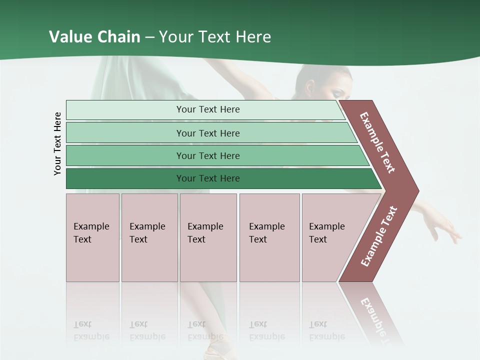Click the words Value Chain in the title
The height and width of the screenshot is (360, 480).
click(94, 37)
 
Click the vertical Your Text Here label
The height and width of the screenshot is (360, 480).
click(57, 143)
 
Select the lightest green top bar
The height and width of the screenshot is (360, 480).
click(125, 110)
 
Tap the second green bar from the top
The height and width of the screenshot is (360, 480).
click(125, 133)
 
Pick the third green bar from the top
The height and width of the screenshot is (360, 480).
click(125, 155)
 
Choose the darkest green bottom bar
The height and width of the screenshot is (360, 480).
click(125, 178)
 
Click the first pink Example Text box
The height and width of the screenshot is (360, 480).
click(92, 237)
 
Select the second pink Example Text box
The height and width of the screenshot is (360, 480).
click(149, 237)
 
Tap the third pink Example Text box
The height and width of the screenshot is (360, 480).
click(208, 237)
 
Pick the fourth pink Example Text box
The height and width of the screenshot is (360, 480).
click(269, 237)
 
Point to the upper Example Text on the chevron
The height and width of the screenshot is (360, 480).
click(377, 142)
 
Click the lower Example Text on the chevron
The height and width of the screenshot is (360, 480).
click(379, 236)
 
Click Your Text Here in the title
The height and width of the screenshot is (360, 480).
click(214, 37)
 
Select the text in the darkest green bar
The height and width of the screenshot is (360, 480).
click(208, 178)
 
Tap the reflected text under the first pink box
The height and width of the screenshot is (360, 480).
click(91, 330)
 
